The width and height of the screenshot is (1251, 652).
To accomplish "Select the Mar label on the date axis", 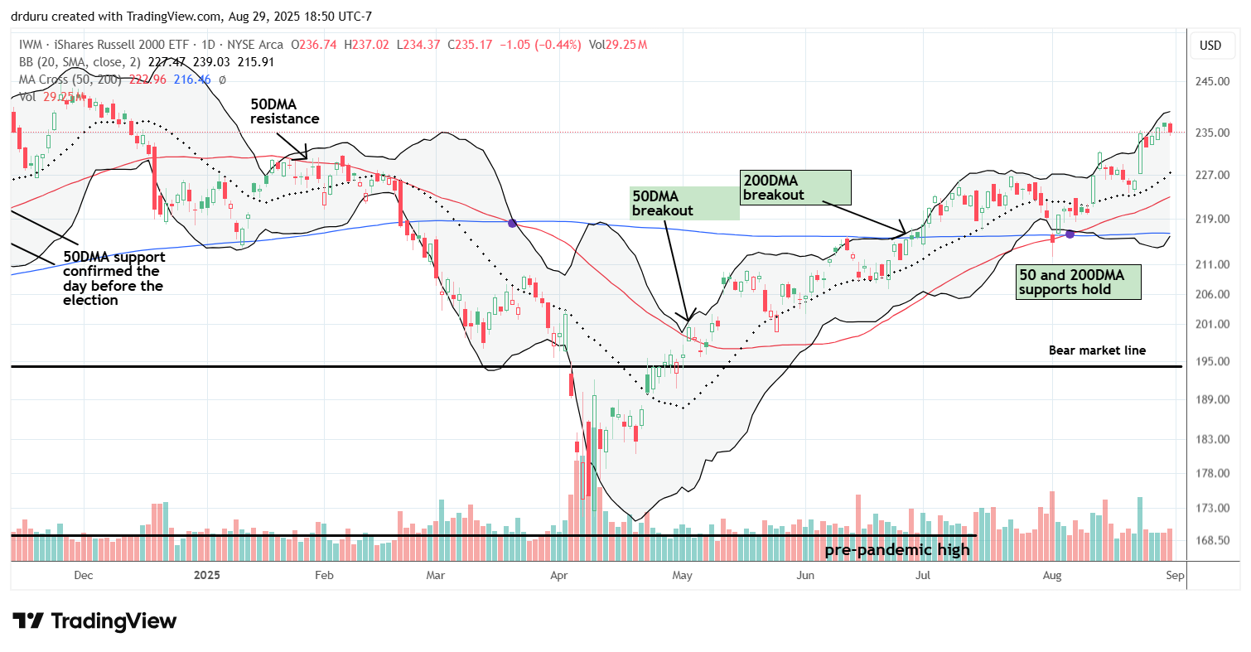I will [435, 574].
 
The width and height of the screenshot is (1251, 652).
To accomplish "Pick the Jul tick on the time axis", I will [921, 574].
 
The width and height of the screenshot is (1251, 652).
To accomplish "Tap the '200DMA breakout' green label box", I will [795, 187].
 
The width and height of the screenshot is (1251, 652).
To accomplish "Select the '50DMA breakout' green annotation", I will [684, 203].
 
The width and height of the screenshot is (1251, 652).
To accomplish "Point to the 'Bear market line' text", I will [1097, 350].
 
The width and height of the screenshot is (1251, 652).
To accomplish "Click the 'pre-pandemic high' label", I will [898, 549].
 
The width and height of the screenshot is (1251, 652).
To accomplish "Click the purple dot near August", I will [1070, 234].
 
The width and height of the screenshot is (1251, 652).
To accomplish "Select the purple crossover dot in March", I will [512, 223].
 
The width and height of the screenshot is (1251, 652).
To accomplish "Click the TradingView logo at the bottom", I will [94, 621].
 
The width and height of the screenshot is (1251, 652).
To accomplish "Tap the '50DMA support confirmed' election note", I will [113, 278].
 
